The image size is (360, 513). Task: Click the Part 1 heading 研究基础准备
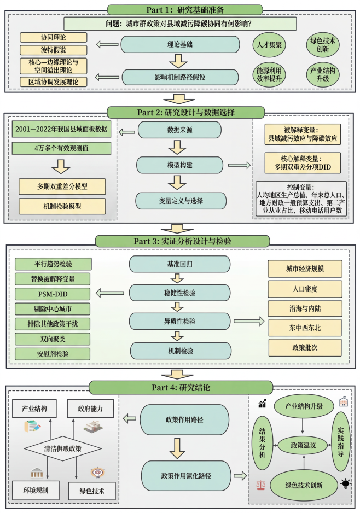coord(180,9)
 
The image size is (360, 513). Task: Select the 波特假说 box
coord(54,50)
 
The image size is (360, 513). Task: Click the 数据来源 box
coord(179,130)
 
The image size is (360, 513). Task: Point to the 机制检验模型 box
coord(63,206)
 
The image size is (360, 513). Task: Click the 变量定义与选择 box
coord(181,201)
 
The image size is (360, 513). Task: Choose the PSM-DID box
coord(53,294)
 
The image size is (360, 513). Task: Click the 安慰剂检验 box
coord(53,353)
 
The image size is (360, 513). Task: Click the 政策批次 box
coord(305,347)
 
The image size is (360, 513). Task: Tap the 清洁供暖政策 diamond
coord(62,448)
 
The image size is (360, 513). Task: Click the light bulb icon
coord(346,483)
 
